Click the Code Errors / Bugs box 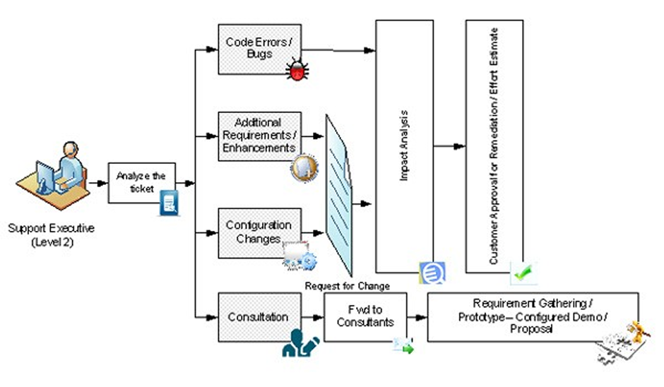(x=259, y=49)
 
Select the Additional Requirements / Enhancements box (x=259, y=136)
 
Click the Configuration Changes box (x=259, y=231)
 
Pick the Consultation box (x=259, y=317)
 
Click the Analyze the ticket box (x=141, y=183)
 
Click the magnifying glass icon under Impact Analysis (x=431, y=273)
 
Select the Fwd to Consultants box (x=365, y=317)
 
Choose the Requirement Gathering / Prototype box (x=533, y=316)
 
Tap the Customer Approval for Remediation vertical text (x=494, y=146)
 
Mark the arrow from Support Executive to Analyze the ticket (x=97, y=182)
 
